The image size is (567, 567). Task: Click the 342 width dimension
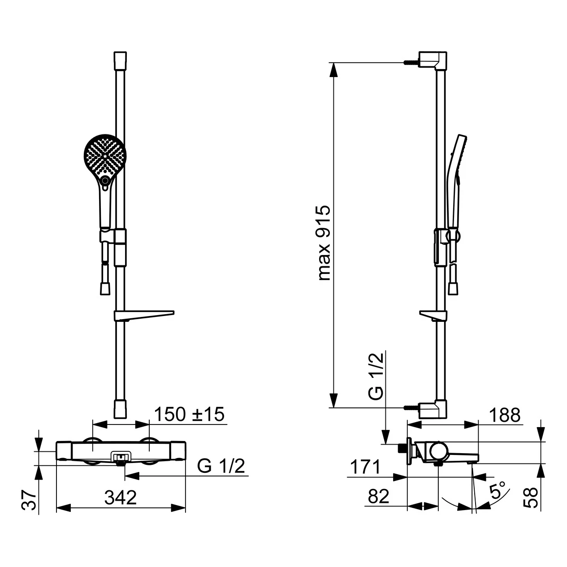(121, 497)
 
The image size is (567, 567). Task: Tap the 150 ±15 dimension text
(189, 415)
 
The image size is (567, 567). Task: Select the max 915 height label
(325, 243)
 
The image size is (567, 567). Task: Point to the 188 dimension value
(505, 415)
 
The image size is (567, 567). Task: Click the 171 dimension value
(365, 467)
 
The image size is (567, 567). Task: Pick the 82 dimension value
(378, 496)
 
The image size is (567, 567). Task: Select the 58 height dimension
(531, 498)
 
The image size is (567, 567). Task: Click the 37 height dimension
(29, 500)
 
